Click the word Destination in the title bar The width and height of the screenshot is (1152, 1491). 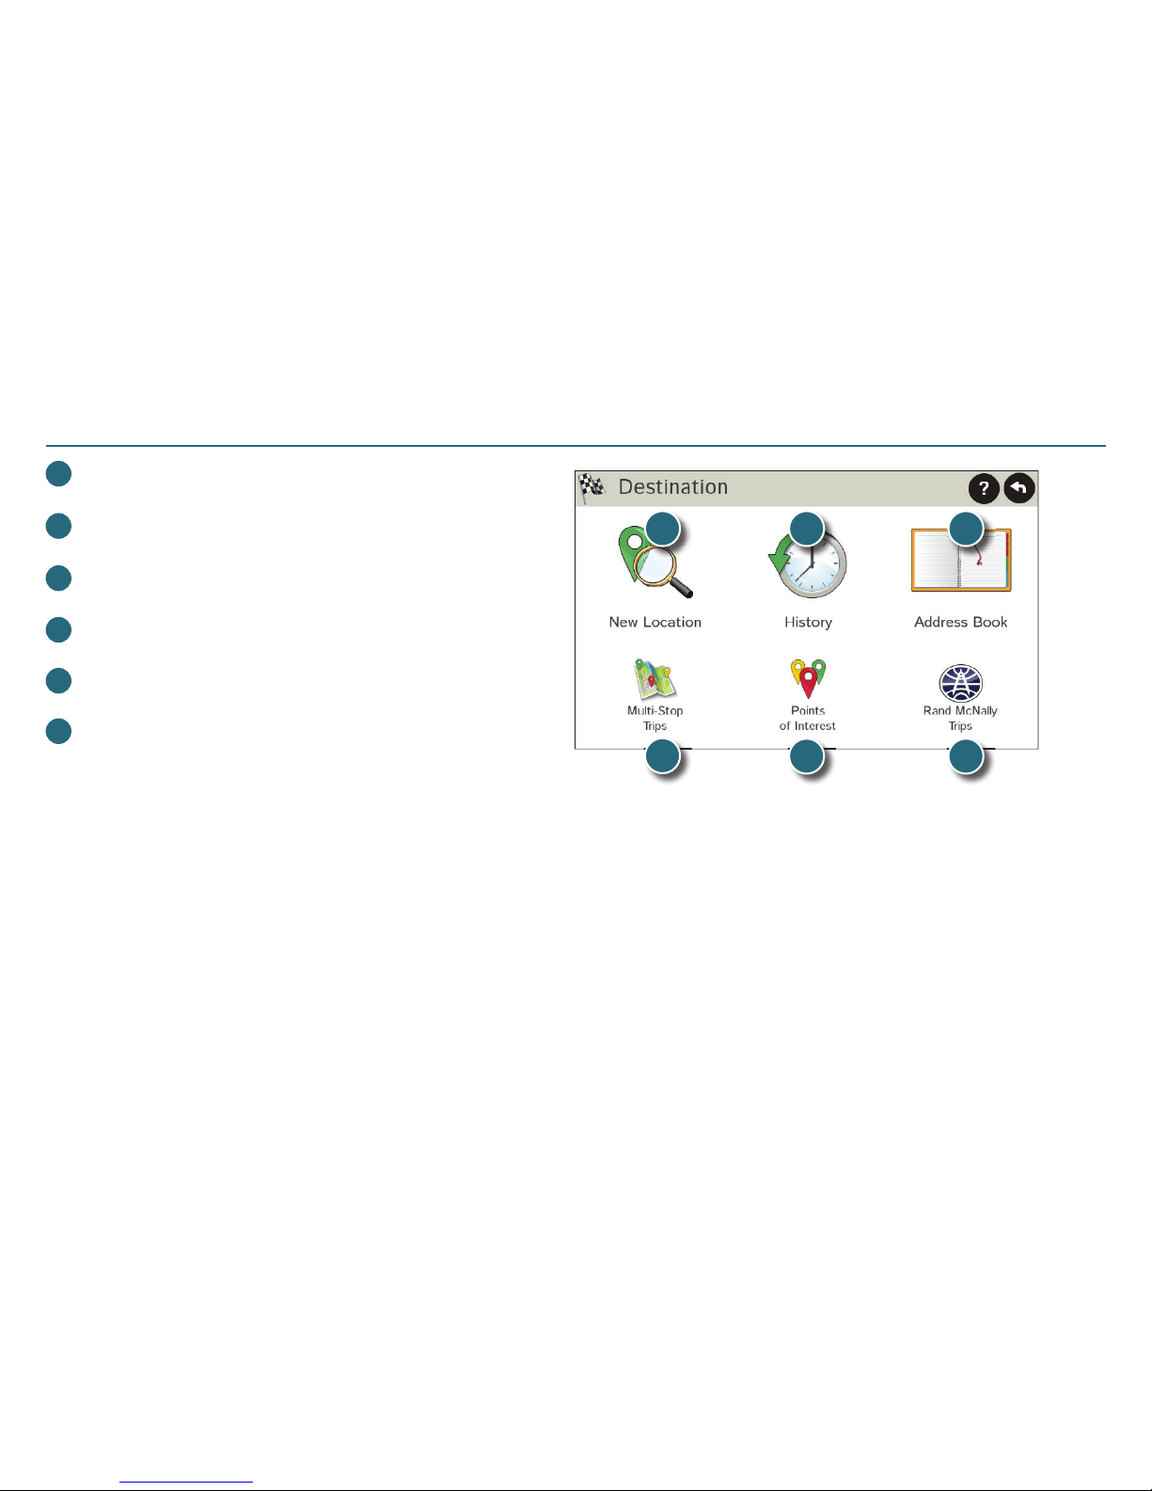[672, 487]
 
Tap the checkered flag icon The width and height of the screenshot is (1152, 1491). [592, 487]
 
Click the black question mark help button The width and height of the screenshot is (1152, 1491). [983, 488]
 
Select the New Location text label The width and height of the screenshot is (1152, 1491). [655, 622]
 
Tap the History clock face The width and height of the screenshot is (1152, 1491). [814, 568]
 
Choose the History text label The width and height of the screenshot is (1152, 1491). [808, 622]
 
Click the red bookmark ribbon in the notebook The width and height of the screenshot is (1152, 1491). [979, 560]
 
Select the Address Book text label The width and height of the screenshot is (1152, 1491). [960, 622]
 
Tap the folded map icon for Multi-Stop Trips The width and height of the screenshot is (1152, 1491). [655, 679]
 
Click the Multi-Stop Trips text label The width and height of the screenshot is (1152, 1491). [655, 718]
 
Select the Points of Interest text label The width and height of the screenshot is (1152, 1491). [808, 718]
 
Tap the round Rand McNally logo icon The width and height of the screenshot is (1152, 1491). [960, 683]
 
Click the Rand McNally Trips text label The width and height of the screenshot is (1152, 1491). [960, 718]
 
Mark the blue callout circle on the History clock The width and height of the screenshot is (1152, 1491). [806, 529]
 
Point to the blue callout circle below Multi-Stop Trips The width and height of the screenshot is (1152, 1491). [663, 756]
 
